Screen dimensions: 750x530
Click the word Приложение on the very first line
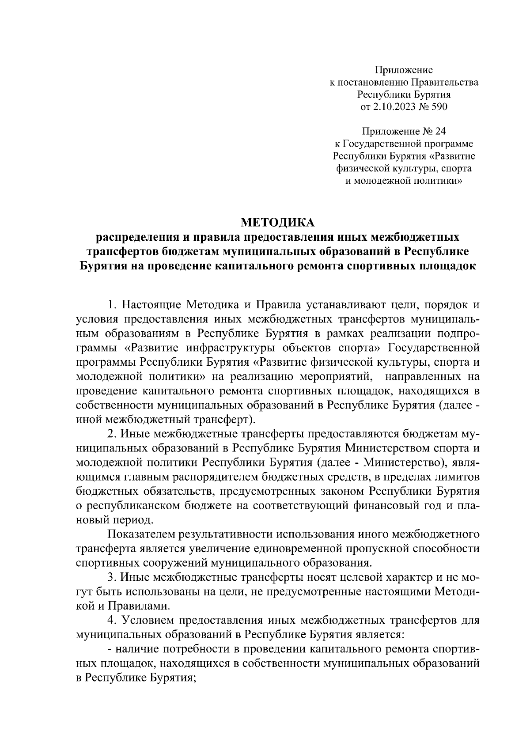click(x=404, y=69)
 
